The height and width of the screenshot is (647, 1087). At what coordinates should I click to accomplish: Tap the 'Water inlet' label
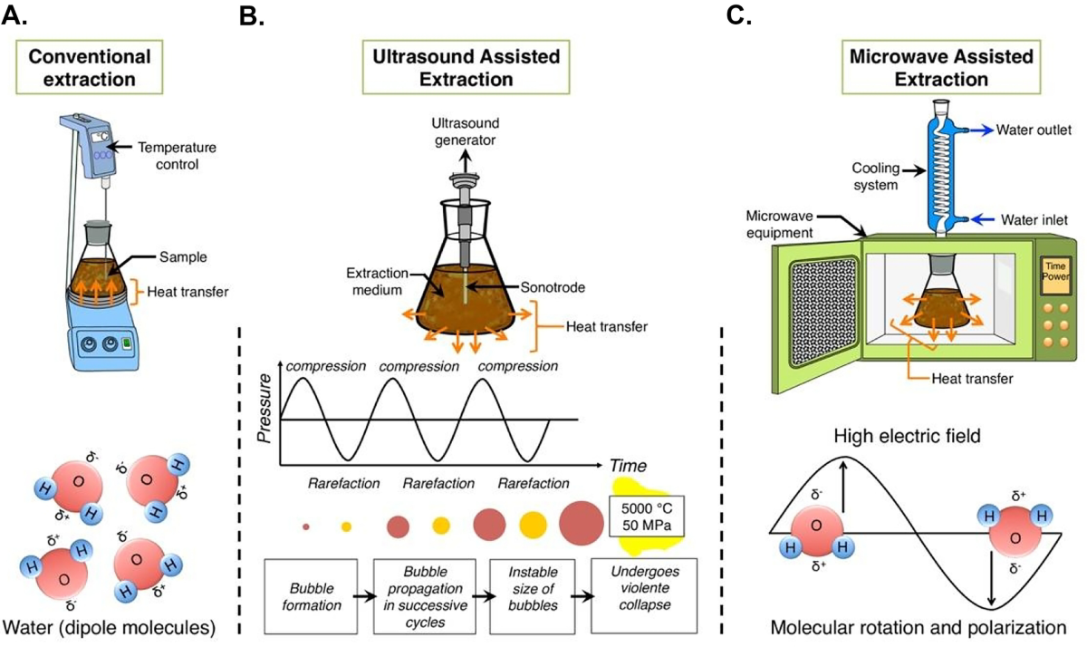[x=1032, y=218]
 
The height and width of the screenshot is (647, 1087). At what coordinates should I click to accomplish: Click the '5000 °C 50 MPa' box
[x=647, y=517]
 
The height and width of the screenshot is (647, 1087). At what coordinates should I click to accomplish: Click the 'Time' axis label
[x=627, y=466]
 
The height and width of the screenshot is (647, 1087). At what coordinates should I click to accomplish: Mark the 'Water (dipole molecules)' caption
[x=109, y=627]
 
